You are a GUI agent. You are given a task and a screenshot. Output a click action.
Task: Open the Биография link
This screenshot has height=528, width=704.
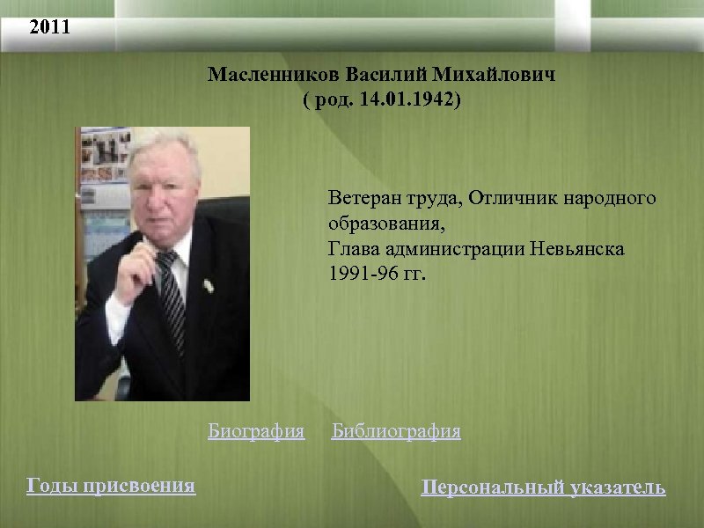coord(256,431)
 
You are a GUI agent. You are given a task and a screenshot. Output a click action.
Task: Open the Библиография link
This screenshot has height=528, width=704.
coord(396,431)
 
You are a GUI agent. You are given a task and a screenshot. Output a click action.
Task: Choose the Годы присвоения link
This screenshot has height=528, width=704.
coord(112,485)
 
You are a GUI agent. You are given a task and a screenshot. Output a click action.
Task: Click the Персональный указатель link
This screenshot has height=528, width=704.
coord(543,487)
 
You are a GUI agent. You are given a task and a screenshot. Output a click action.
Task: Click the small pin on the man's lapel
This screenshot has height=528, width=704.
coord(208,284)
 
